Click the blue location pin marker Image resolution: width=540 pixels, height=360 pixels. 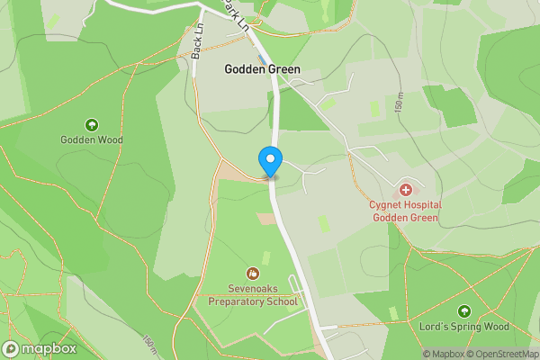270,161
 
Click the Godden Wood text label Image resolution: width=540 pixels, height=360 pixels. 91,139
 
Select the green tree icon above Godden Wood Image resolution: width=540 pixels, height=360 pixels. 91,124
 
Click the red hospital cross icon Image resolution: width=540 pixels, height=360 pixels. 406,190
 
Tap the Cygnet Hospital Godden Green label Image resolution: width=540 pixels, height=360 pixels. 404,211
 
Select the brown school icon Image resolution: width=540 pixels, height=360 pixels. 253,273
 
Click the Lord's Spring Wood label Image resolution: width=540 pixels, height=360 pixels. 463,326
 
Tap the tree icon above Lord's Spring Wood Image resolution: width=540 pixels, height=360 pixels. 464,310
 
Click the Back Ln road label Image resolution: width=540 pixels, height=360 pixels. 196,46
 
